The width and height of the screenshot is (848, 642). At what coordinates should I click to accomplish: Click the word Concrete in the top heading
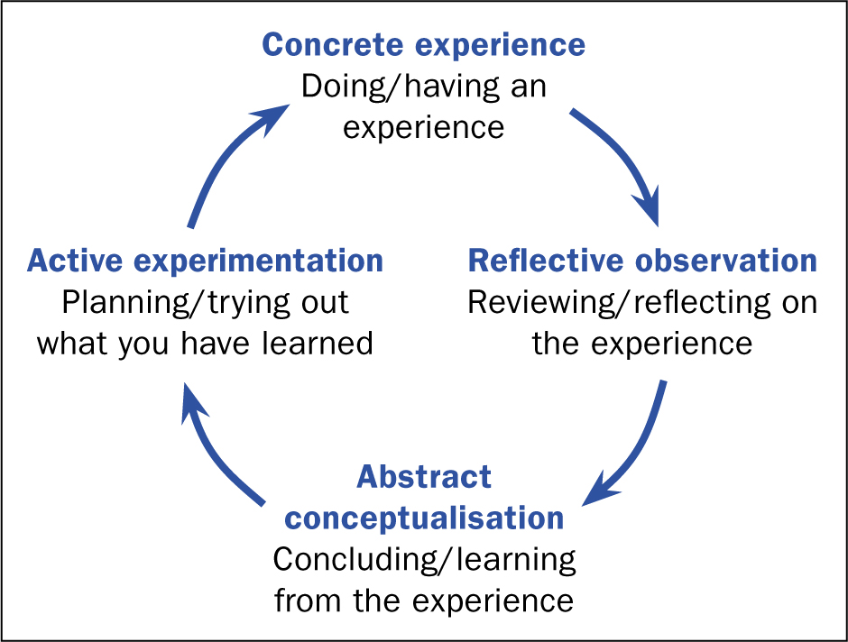pos(333,44)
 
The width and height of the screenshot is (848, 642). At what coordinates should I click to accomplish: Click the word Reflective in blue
pos(546,261)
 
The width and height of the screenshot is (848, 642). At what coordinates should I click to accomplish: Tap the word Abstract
pos(424,477)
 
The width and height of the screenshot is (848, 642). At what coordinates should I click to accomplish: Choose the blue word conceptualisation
pos(424,518)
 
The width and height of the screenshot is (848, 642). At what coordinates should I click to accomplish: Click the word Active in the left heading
pos(75,261)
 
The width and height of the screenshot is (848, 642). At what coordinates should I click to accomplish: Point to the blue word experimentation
pos(259,261)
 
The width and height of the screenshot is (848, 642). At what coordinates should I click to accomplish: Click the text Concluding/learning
pos(425,560)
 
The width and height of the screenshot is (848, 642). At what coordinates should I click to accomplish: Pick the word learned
pos(318,344)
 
